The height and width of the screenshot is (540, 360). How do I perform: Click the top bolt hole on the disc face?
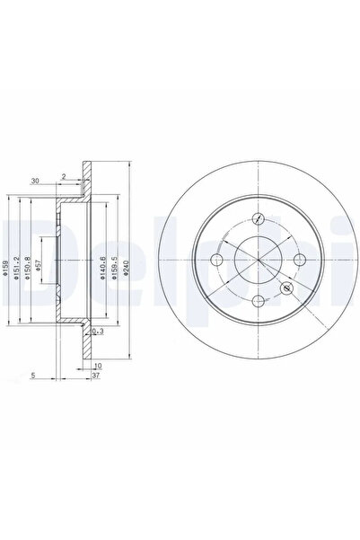click(259, 218)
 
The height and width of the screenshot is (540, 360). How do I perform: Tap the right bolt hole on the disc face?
click(301, 261)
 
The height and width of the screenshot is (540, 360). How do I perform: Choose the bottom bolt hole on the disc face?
click(259, 302)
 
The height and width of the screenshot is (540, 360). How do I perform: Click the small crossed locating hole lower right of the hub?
click(287, 288)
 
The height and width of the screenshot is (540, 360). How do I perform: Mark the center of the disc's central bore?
click(259, 261)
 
